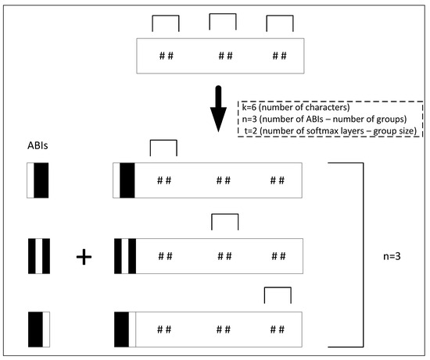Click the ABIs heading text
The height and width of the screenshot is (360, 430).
pos(39,145)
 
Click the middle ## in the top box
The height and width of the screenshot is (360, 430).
pos(226,55)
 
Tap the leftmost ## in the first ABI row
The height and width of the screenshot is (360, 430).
pos(164,180)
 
